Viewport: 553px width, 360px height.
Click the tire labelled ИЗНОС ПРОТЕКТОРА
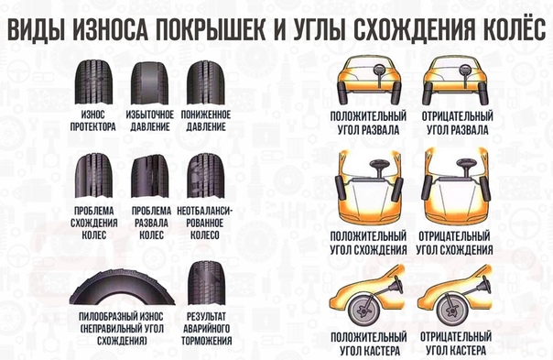(x=93, y=82)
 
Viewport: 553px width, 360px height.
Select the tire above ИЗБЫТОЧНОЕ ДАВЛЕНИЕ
(x=149, y=83)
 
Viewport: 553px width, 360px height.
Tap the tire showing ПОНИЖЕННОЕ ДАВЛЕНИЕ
(x=206, y=82)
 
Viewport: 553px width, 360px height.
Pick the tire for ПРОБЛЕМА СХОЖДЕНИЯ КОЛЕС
(x=93, y=176)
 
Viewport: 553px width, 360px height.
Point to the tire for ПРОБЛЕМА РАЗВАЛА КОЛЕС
(x=149, y=176)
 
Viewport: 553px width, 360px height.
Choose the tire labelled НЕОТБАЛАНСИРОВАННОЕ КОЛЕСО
(x=206, y=176)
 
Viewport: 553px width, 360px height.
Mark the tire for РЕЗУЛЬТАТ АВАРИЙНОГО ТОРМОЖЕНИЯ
(x=206, y=283)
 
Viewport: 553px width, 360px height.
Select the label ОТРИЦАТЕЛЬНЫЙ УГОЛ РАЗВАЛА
(x=458, y=123)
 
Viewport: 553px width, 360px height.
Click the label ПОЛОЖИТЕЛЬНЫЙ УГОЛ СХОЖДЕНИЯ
(x=369, y=243)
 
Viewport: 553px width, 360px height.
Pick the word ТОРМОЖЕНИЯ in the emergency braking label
(x=207, y=341)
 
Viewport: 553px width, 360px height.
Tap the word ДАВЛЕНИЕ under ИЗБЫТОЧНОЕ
(x=150, y=126)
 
